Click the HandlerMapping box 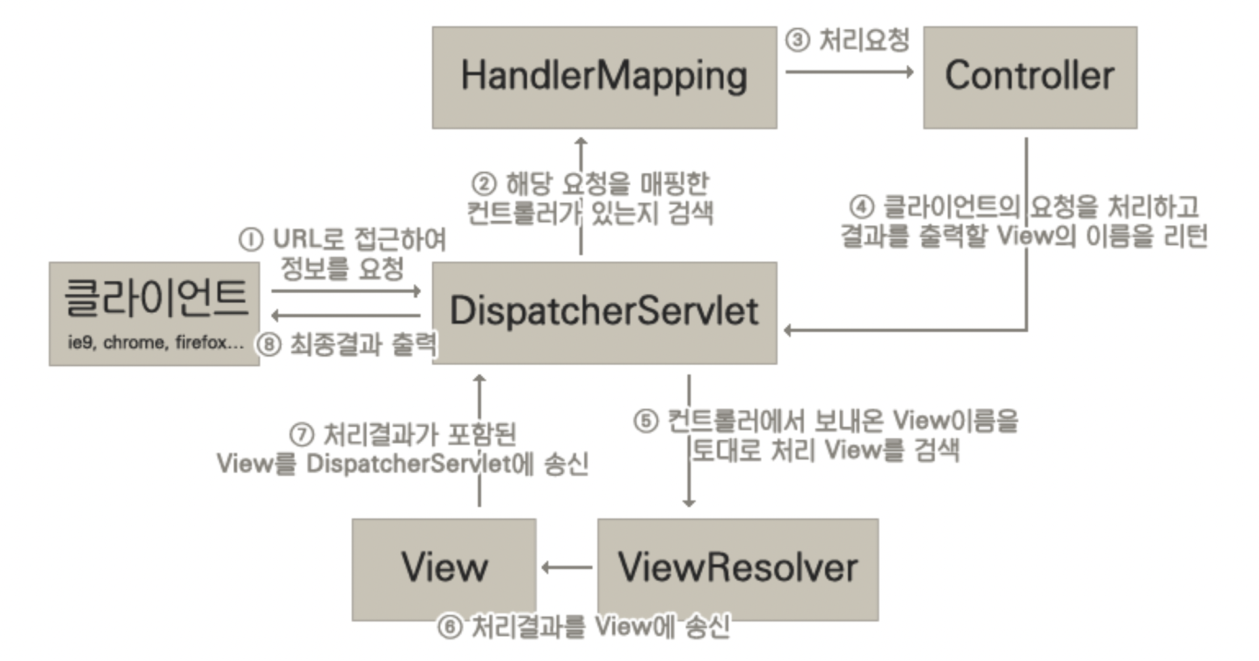point(604,77)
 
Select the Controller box point(1030,77)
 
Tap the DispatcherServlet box point(604,312)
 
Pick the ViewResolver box point(738,569)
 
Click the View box point(444,569)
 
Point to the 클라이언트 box point(155,301)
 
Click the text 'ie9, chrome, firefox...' point(155,342)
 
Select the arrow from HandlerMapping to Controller point(849,71)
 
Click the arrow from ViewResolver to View point(567,567)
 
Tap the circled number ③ point(797,41)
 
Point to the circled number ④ point(861,207)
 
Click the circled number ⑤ point(645,421)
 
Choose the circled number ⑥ point(450,627)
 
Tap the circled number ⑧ point(269,344)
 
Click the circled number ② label point(483,184)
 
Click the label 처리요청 point(864,41)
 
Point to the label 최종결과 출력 point(362,344)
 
